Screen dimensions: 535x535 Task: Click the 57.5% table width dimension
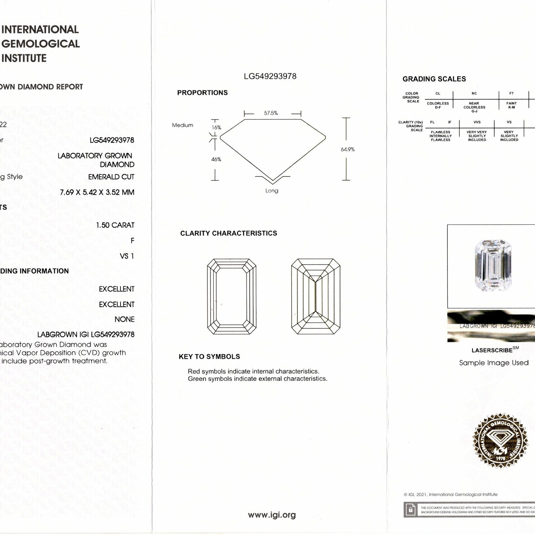coord(271,113)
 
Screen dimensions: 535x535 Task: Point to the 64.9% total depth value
coord(348,149)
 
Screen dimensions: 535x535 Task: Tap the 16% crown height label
coord(216,128)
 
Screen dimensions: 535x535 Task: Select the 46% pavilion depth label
coord(216,159)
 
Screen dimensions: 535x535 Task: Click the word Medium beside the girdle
coord(182,125)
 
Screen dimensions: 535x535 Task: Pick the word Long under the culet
coord(272,191)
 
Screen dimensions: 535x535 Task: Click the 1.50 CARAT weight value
coord(115,225)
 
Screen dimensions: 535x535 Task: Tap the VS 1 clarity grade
coord(127,256)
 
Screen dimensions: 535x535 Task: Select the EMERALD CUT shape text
coord(111,177)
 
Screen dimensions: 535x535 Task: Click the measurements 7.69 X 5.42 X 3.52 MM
coord(97,193)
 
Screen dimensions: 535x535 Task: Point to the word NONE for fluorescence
coord(124,319)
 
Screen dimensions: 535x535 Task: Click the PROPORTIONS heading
coord(202,93)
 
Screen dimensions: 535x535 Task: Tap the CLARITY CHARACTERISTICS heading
coord(229,233)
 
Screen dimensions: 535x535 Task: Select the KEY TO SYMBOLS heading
coord(209,357)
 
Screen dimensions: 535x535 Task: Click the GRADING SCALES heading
coord(434,79)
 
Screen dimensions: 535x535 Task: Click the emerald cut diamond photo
coord(493,266)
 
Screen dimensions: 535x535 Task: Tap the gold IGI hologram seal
coord(500,441)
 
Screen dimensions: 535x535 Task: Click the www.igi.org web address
coord(272,515)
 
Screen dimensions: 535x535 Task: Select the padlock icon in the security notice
coord(410,510)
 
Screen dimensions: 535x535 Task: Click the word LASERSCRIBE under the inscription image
coord(492,350)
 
